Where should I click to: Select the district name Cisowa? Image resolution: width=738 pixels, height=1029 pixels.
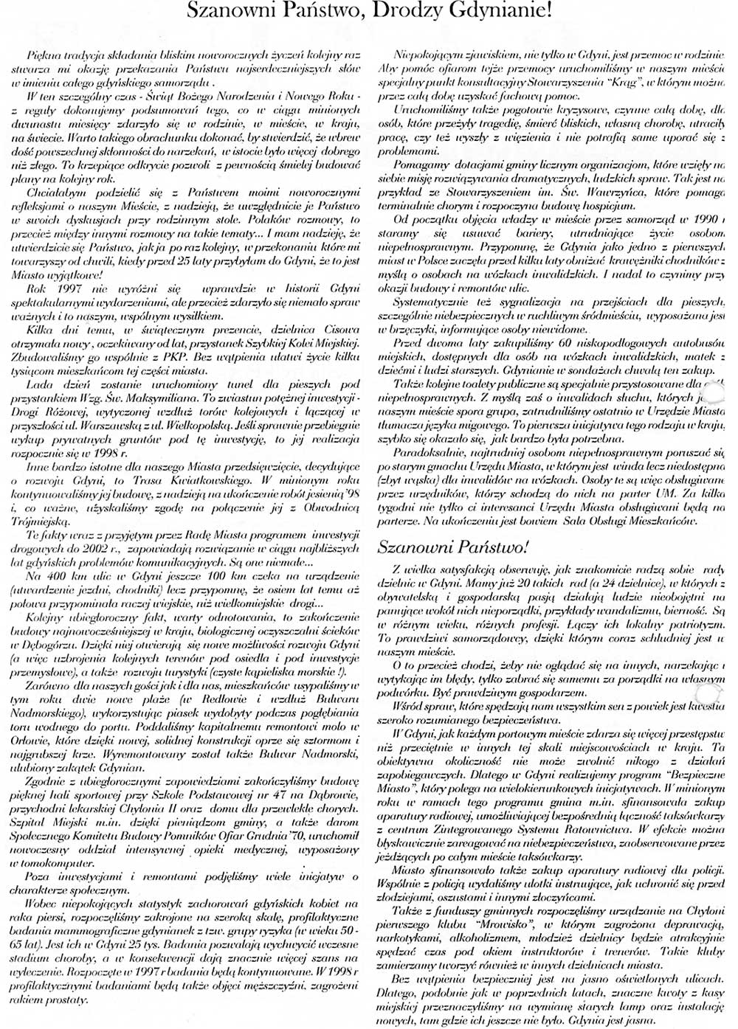[x=341, y=330]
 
